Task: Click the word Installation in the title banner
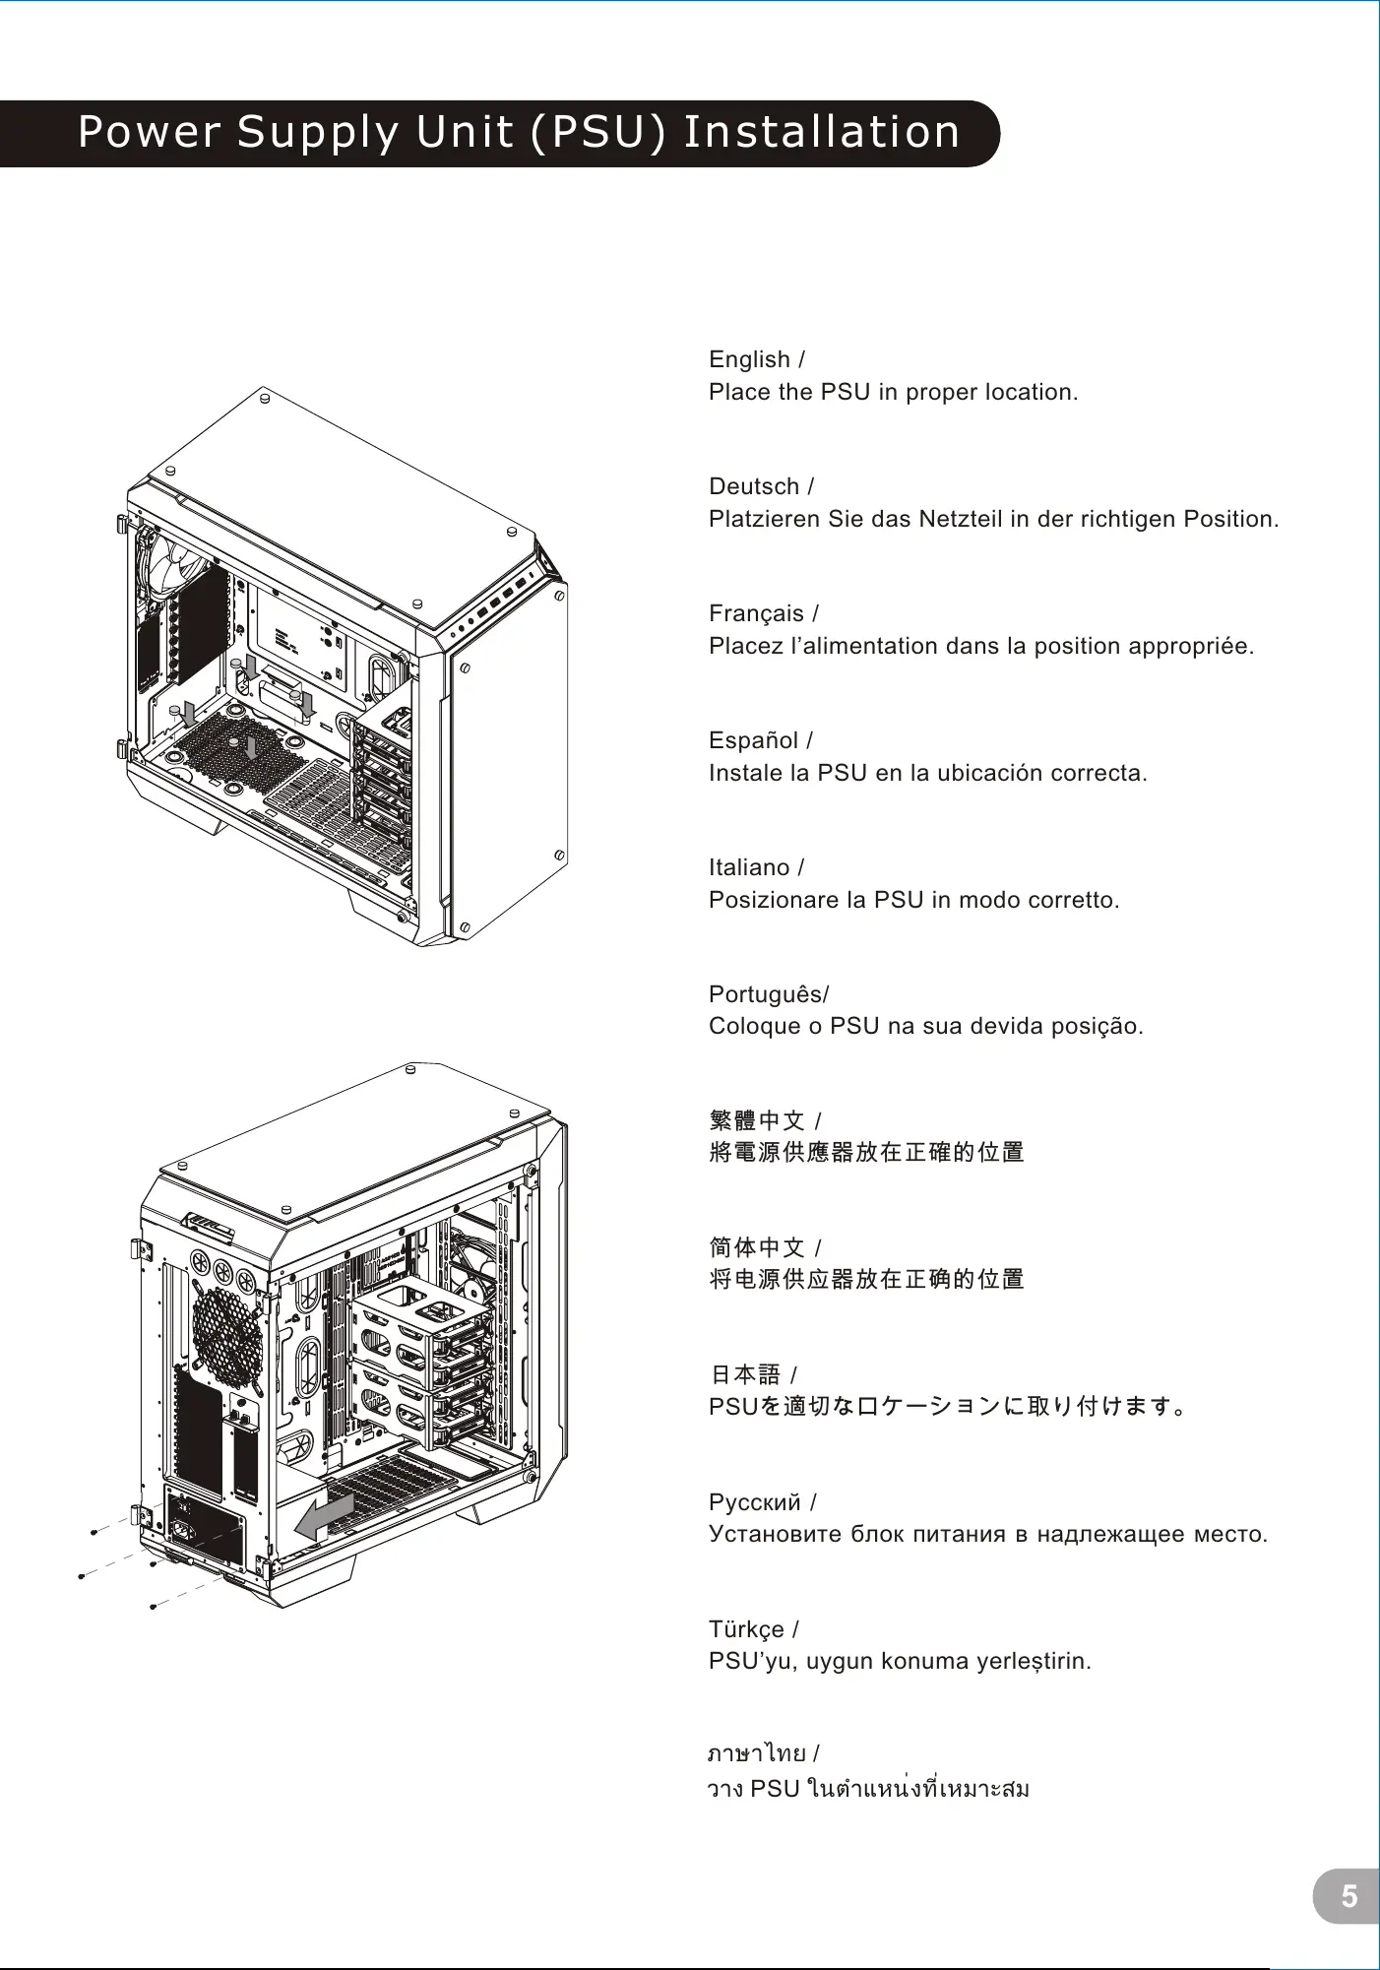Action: point(821,132)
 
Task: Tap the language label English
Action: point(749,359)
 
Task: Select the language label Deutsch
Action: point(754,486)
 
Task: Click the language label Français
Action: point(756,613)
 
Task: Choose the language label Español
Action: point(753,740)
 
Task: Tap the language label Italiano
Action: point(749,867)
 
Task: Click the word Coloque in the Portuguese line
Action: point(754,1026)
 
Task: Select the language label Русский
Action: point(755,1502)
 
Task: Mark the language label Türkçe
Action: point(746,1629)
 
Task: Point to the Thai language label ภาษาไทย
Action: point(757,1753)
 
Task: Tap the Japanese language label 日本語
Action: point(745,1374)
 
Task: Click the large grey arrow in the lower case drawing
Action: point(325,1516)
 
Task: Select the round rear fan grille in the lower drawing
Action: point(228,1332)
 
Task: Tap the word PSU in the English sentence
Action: point(845,392)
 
